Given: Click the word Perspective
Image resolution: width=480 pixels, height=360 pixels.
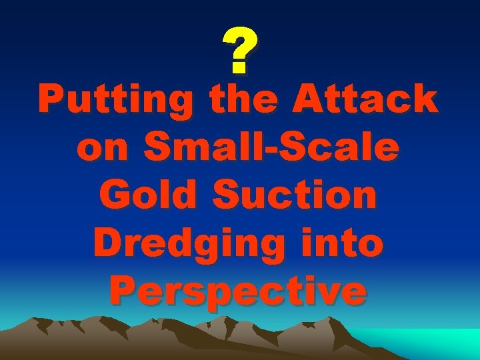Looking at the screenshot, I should coord(239,291).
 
